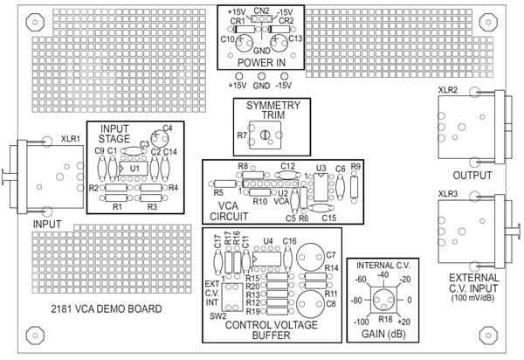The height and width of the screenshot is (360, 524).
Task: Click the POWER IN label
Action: coord(259,62)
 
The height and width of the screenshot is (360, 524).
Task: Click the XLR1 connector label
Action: coord(71,138)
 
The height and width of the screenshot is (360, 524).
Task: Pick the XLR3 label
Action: coord(447,193)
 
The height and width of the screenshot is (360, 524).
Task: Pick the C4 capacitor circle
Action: coord(160,137)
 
